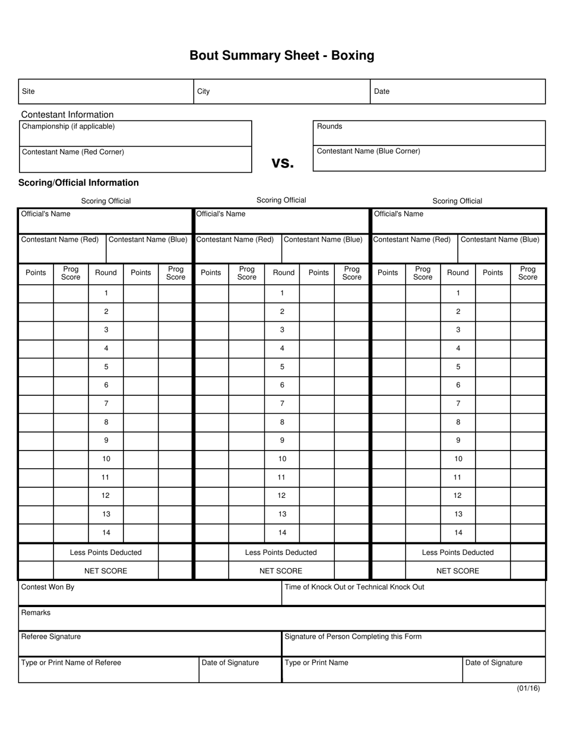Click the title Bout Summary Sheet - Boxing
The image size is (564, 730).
281,56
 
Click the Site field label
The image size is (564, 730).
28,91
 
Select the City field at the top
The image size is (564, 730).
204,91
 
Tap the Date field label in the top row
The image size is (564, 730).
382,91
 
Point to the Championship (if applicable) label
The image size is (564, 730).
68,126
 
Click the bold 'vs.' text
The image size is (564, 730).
283,162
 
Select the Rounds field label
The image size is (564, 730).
329,126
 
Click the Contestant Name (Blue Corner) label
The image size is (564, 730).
368,151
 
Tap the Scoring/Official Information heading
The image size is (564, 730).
78,183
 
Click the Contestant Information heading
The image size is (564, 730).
67,115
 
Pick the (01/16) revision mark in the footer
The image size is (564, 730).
528,688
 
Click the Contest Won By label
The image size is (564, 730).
47,587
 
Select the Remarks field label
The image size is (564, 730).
36,612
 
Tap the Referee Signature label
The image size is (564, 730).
50,637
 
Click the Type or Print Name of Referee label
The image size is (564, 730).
71,663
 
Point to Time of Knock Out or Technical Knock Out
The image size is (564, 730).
354,587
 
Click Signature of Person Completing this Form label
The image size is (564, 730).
353,637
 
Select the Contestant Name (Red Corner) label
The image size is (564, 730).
73,152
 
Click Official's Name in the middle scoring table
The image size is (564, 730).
220,214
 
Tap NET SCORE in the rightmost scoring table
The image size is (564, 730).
457,571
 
